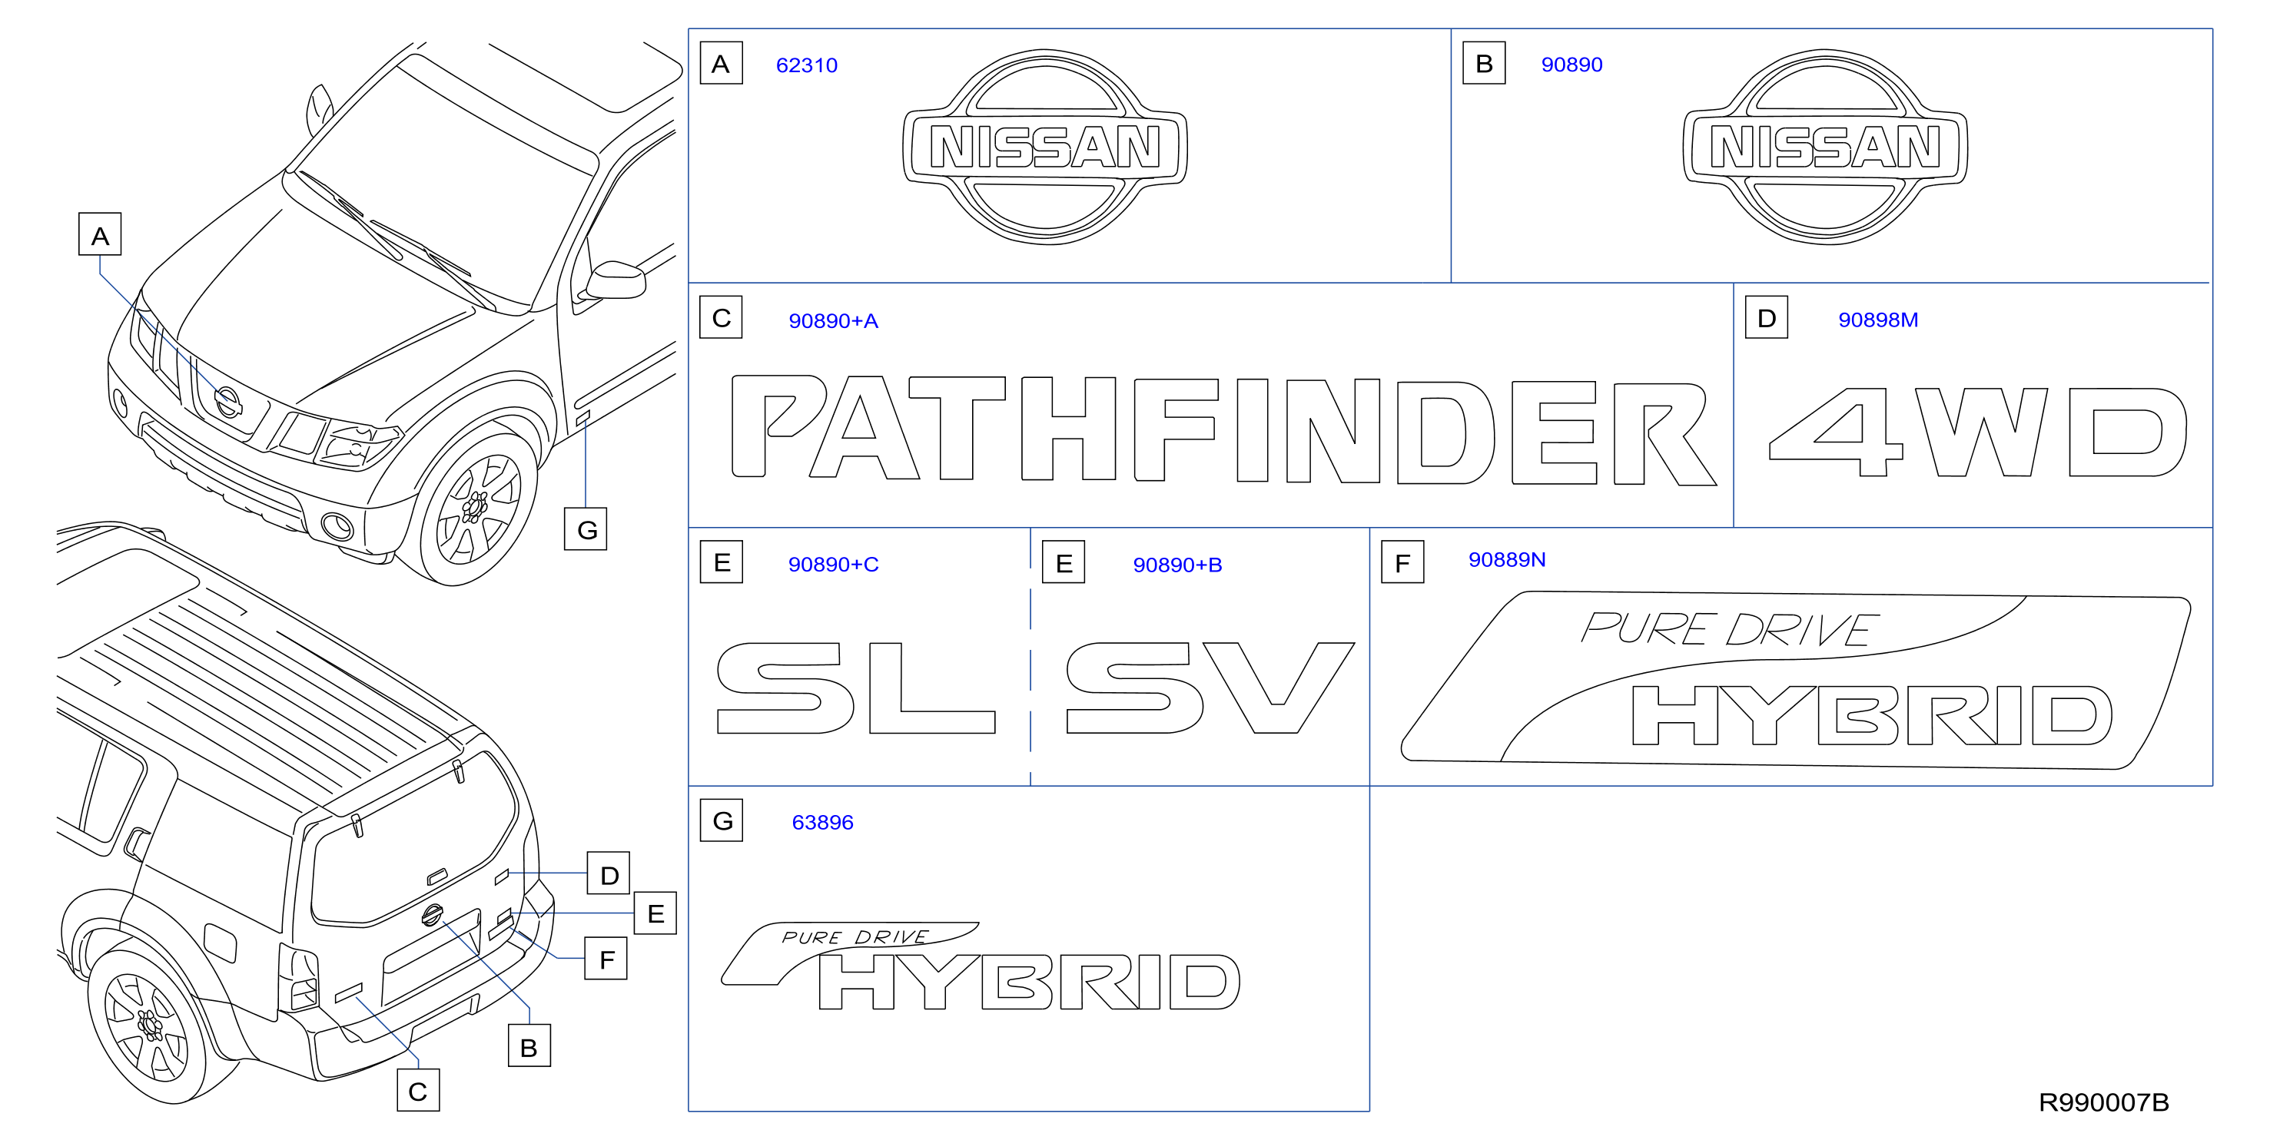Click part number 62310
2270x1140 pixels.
806,65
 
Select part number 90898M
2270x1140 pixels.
1878,320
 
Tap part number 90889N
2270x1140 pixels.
1507,559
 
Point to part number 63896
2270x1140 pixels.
822,822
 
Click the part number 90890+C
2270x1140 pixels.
834,564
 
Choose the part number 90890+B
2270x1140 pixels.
1177,565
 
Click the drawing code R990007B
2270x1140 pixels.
2103,1102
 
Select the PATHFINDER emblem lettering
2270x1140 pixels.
1224,430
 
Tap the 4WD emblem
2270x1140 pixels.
1978,432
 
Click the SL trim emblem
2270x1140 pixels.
855,688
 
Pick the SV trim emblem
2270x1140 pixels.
1210,688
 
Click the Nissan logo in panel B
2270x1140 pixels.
1825,146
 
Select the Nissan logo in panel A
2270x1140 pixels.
1045,146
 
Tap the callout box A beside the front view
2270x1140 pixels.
100,234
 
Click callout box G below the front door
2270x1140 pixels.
586,529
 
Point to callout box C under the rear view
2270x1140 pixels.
418,1091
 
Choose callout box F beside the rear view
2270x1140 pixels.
606,959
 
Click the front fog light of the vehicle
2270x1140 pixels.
337,526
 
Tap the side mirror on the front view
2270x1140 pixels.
615,280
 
